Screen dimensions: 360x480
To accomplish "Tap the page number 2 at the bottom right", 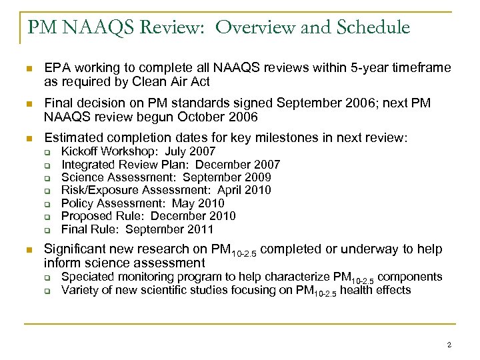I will [x=449, y=345].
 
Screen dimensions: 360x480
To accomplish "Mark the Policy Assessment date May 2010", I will [x=199, y=203].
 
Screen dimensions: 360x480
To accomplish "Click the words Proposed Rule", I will [x=99, y=217].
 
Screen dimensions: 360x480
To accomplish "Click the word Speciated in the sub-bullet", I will [x=86, y=277].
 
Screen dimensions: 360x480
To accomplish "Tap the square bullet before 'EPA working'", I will [x=27, y=69].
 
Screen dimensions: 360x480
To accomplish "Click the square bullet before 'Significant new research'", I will [x=27, y=249].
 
